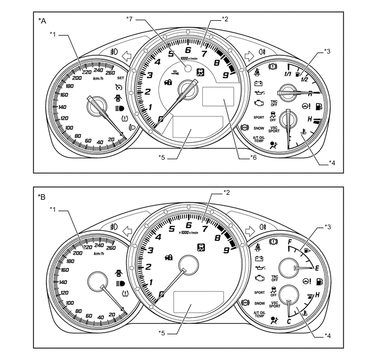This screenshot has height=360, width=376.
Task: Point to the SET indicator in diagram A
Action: (x=121, y=78)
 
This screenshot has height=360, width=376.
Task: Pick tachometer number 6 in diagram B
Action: (x=189, y=225)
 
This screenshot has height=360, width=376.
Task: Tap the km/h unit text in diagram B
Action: (x=99, y=253)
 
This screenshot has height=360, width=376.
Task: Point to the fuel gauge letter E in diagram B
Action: (x=317, y=268)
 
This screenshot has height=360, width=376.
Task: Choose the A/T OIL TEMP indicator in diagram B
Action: (x=259, y=313)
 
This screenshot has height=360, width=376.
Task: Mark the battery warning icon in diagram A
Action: (x=259, y=84)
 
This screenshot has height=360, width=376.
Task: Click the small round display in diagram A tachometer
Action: (x=187, y=69)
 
